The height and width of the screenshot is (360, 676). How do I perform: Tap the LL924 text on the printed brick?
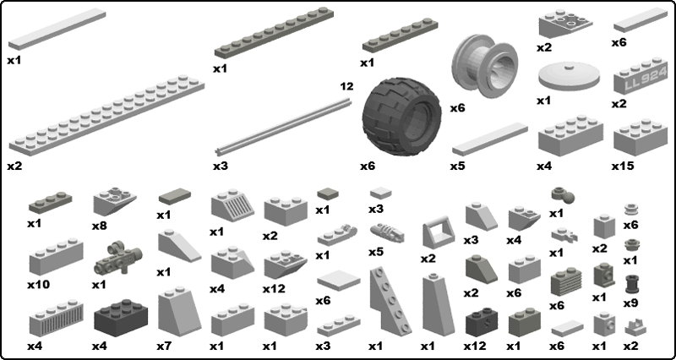point(645,80)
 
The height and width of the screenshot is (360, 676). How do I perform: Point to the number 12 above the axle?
point(346,87)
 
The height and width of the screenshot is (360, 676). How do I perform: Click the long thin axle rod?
point(283,126)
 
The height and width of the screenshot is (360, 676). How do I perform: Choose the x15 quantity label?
point(623,166)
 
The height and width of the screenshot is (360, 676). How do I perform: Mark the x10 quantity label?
point(39,285)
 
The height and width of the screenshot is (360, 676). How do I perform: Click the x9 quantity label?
point(630,303)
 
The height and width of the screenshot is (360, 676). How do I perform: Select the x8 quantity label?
point(99,226)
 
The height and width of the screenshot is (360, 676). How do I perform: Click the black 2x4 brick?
point(121,318)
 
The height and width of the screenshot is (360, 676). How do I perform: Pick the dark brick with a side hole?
point(482,322)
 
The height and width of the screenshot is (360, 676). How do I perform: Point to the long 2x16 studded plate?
point(106,115)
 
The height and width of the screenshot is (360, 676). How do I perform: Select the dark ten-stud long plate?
point(274,32)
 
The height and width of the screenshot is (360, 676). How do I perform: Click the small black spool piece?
point(631,284)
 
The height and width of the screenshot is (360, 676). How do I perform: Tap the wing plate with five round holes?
point(390,301)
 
